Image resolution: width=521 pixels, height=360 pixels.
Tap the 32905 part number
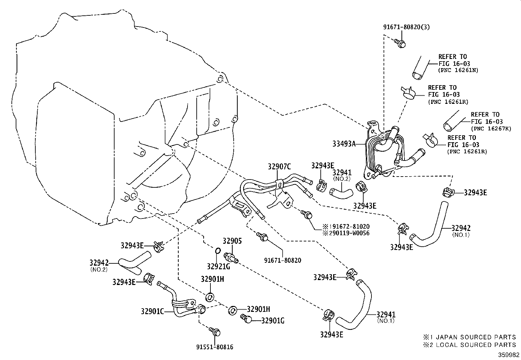click(x=232, y=241)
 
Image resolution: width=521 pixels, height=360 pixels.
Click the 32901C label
click(x=152, y=311)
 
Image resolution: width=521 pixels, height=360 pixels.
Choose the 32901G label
click(x=273, y=321)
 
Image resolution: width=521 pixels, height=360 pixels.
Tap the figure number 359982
click(x=509, y=355)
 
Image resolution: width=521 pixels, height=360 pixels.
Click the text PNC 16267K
click(x=491, y=129)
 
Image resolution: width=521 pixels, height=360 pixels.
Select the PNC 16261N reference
click(x=458, y=70)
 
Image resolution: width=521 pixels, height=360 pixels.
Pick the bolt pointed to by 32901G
click(x=246, y=318)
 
